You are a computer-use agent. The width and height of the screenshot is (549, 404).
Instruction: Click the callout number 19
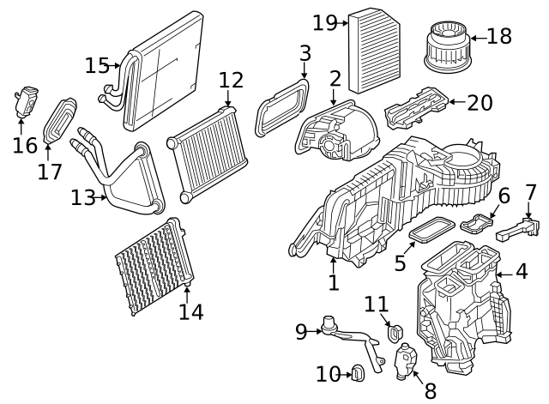click(x=324, y=22)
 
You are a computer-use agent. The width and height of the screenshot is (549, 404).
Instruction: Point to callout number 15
click(x=97, y=65)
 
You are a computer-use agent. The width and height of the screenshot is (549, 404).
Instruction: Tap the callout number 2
click(x=335, y=80)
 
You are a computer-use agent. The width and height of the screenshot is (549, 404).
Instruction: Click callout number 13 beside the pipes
click(x=82, y=198)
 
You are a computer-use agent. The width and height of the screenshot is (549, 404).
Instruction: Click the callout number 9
click(x=301, y=331)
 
